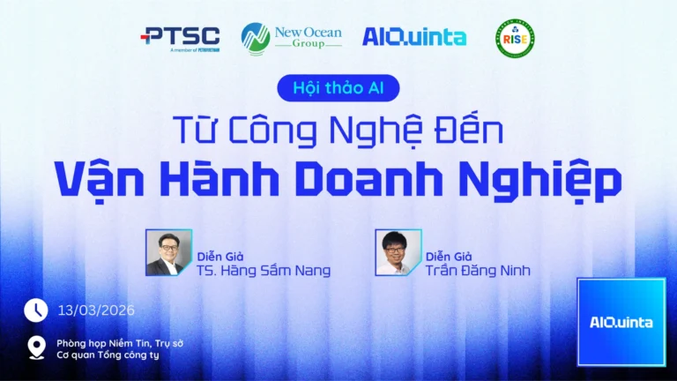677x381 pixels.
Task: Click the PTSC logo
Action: [181, 37]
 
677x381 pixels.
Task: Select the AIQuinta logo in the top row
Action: [414, 36]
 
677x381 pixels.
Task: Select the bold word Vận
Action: [95, 179]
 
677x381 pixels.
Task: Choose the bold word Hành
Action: [214, 179]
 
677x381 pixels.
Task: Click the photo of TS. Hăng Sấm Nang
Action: [168, 253]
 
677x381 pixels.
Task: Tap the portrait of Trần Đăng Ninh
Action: [398, 253]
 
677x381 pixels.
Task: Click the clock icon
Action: [36, 310]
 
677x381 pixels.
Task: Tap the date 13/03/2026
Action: [96, 310]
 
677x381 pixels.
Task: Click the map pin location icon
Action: [36, 347]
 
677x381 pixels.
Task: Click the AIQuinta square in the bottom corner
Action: [621, 322]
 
